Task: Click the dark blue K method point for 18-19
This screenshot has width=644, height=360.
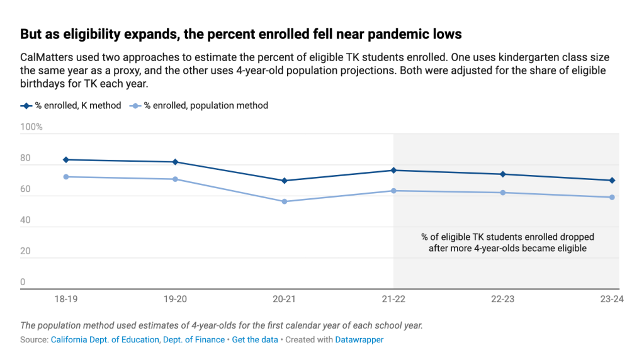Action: click(x=65, y=160)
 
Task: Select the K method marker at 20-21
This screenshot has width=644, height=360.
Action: click(x=285, y=181)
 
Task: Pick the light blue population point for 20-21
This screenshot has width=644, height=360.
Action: click(x=285, y=201)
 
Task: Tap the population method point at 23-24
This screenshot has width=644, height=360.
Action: click(x=612, y=198)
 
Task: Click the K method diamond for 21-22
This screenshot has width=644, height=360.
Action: click(x=393, y=171)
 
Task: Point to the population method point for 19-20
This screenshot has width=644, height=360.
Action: click(x=175, y=179)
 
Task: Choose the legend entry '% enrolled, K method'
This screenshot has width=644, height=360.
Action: click(x=71, y=106)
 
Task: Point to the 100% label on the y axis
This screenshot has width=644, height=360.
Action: click(x=31, y=127)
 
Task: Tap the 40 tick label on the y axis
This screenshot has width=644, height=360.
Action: click(x=26, y=220)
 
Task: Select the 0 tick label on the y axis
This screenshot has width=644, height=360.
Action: click(x=23, y=282)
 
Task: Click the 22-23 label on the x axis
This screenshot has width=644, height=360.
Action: click(x=502, y=300)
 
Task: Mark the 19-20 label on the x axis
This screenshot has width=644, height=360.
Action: click(x=175, y=300)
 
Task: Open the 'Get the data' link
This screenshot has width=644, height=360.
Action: click(x=254, y=340)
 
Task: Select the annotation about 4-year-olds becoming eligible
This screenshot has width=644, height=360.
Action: click(x=507, y=243)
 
